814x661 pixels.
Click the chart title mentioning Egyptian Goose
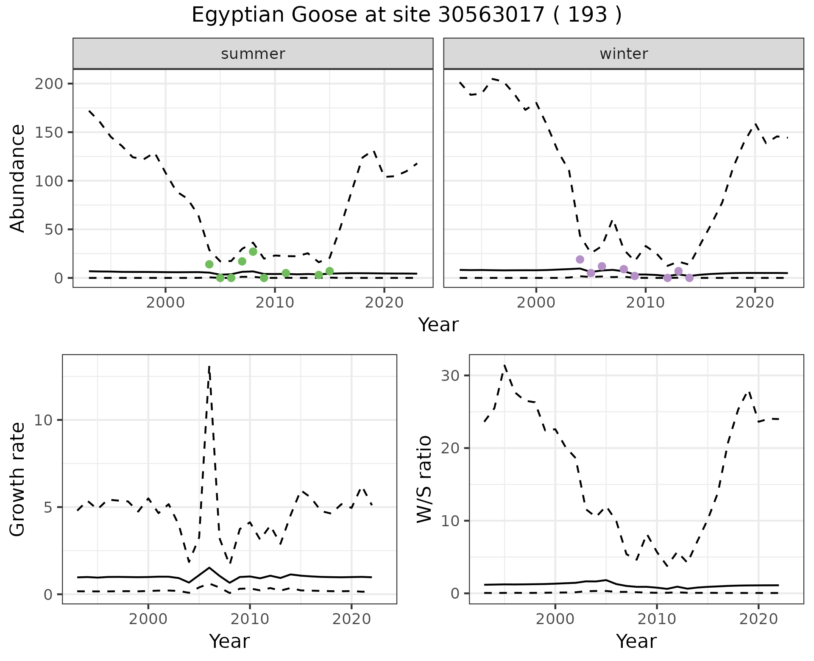pyautogui.click(x=407, y=16)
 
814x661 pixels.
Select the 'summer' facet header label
pyautogui.click(x=253, y=54)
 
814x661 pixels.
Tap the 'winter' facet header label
pyautogui.click(x=624, y=54)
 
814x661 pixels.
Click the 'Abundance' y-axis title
pyautogui.click(x=18, y=178)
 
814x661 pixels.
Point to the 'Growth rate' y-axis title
pyautogui.click(x=18, y=479)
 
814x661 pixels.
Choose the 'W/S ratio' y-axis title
pyautogui.click(x=424, y=479)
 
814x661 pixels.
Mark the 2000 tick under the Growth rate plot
pyautogui.click(x=148, y=619)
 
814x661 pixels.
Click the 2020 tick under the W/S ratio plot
pyautogui.click(x=758, y=619)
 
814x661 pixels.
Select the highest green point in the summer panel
pyautogui.click(x=253, y=252)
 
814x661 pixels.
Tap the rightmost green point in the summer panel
pyautogui.click(x=329, y=271)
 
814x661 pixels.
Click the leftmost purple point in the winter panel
pyautogui.click(x=580, y=259)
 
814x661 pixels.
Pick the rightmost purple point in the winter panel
pyautogui.click(x=689, y=278)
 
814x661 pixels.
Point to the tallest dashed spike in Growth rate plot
pyautogui.click(x=209, y=367)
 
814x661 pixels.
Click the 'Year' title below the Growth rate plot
pyautogui.click(x=229, y=642)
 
